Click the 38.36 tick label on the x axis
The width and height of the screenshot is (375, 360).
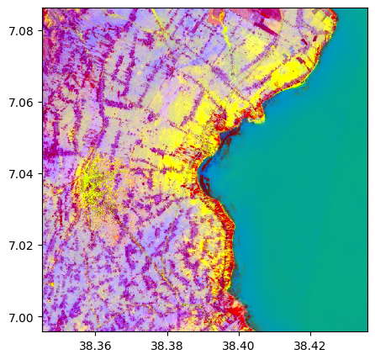pos(95,346)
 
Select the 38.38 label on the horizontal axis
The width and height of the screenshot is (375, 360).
pos(166,346)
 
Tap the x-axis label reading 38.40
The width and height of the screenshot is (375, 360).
pos(238,346)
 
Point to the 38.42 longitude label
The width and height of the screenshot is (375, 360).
pos(309,346)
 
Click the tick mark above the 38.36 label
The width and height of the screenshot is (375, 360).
pos(95,334)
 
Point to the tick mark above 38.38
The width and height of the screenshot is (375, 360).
pos(166,334)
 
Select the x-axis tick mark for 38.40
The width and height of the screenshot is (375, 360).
pos(238,334)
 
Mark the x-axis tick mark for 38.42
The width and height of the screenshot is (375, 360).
pos(309,334)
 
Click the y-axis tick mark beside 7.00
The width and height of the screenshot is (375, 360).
pos(40,317)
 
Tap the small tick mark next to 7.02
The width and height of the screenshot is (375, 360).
pos(40,246)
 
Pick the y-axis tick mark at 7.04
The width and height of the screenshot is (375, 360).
pos(40,174)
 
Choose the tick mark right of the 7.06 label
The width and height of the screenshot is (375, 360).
pos(40,103)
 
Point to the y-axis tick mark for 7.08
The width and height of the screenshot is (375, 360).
pos(40,31)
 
